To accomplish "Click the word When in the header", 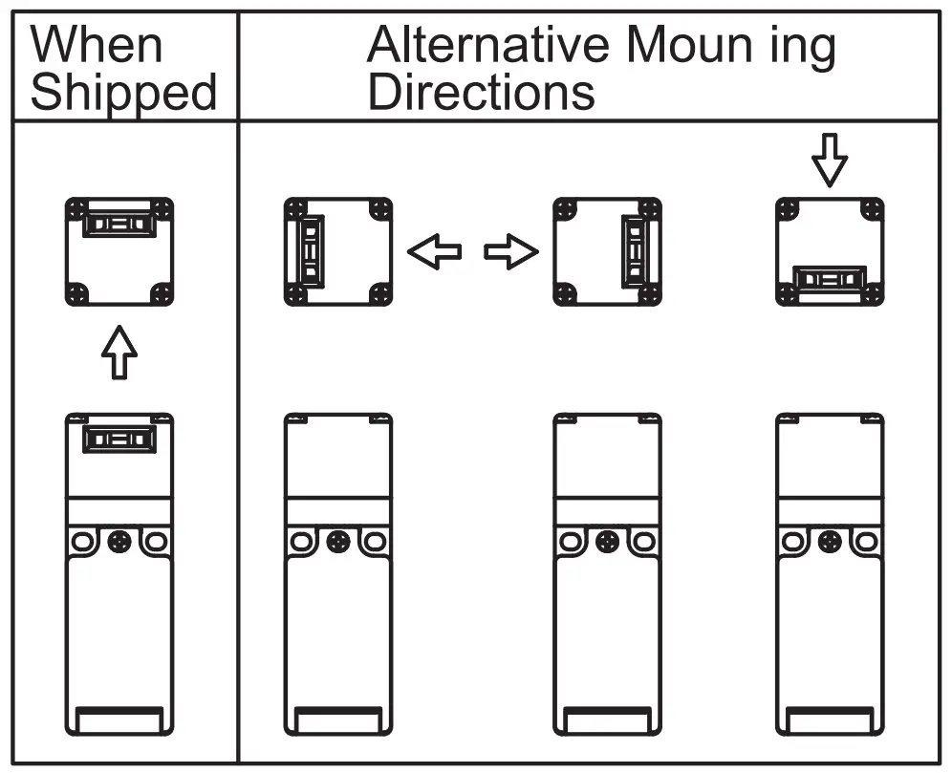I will coord(97,45).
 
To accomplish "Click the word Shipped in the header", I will coord(124,94).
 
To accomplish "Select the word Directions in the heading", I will coord(482,94).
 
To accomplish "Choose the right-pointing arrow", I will coord(510,252).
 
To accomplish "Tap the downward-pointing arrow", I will coord(831,159).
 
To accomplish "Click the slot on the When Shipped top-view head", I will coord(119,225).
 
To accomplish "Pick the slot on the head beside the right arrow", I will coord(634,251).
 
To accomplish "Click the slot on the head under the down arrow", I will coord(830,280).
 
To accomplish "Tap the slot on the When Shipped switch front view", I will coord(119,440).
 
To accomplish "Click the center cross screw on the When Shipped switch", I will coord(119,542).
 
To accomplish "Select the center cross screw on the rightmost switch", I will coord(830,542).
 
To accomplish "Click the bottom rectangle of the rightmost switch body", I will coord(830,720).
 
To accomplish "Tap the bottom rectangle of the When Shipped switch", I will coord(119,720).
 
